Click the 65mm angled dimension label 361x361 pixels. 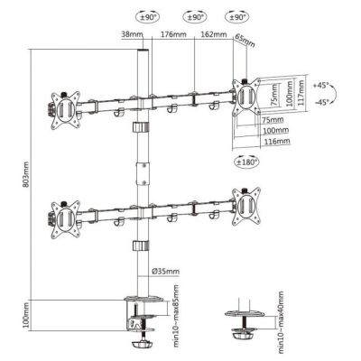[x=245, y=41]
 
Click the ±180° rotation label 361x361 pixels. [x=246, y=162]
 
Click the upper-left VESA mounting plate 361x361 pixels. [x=66, y=104]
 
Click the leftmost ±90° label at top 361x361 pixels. [x=147, y=16]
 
